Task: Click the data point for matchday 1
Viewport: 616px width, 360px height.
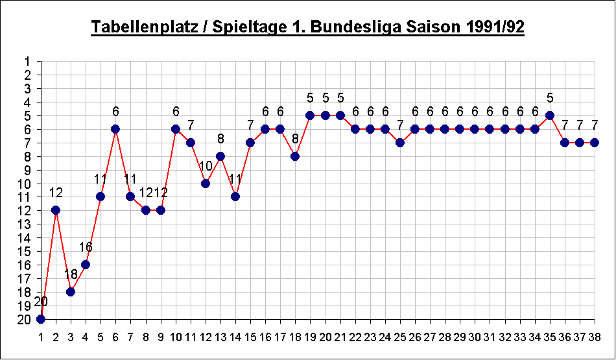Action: coord(41,318)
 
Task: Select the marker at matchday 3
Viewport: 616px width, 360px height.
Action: coord(71,291)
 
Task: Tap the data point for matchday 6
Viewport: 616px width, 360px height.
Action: coord(115,128)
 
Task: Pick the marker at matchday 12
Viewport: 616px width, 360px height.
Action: coord(206,183)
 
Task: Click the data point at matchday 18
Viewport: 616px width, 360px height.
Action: coord(295,156)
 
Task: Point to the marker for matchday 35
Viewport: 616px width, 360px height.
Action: coord(550,115)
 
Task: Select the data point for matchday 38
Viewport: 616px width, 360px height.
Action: coord(595,142)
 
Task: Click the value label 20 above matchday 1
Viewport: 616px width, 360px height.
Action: coord(41,302)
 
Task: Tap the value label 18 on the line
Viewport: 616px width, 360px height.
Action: coord(71,274)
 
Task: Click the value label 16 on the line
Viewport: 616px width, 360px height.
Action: coord(86,247)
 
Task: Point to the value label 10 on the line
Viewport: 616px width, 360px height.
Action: coord(206,166)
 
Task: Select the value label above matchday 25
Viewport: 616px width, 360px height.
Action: coord(400,125)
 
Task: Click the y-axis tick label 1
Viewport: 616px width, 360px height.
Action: coord(28,62)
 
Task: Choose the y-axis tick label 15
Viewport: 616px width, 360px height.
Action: coord(25,251)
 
